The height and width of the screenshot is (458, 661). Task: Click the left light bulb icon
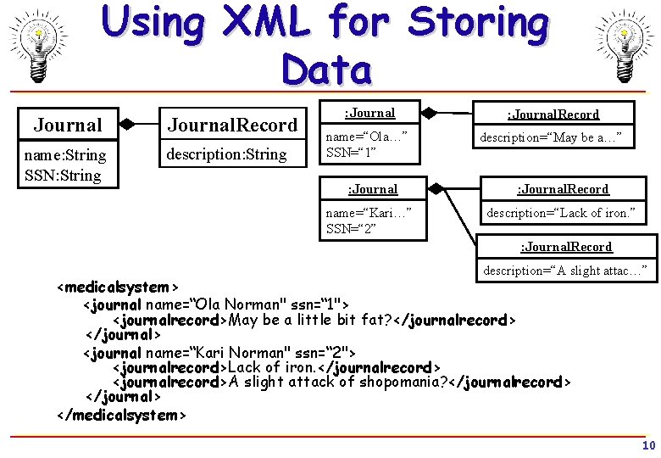(38, 45)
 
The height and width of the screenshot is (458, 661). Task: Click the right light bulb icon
(624, 45)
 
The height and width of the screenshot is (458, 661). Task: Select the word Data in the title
(326, 70)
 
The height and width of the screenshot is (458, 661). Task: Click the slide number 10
(648, 446)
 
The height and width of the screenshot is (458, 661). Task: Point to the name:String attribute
(65, 155)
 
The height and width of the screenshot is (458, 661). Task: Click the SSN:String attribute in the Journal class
(63, 176)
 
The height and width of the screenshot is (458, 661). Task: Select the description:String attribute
(225, 154)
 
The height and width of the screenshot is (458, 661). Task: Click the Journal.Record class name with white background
(232, 125)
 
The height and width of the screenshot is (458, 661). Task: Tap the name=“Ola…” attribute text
(367, 137)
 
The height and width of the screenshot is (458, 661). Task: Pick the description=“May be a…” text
(557, 137)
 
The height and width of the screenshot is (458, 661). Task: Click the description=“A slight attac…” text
(565, 271)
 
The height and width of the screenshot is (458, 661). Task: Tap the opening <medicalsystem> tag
(117, 288)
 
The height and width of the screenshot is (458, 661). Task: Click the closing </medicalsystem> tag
(120, 415)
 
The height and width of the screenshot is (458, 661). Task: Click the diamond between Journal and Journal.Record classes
(126, 124)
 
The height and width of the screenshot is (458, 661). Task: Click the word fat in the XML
(374, 320)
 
